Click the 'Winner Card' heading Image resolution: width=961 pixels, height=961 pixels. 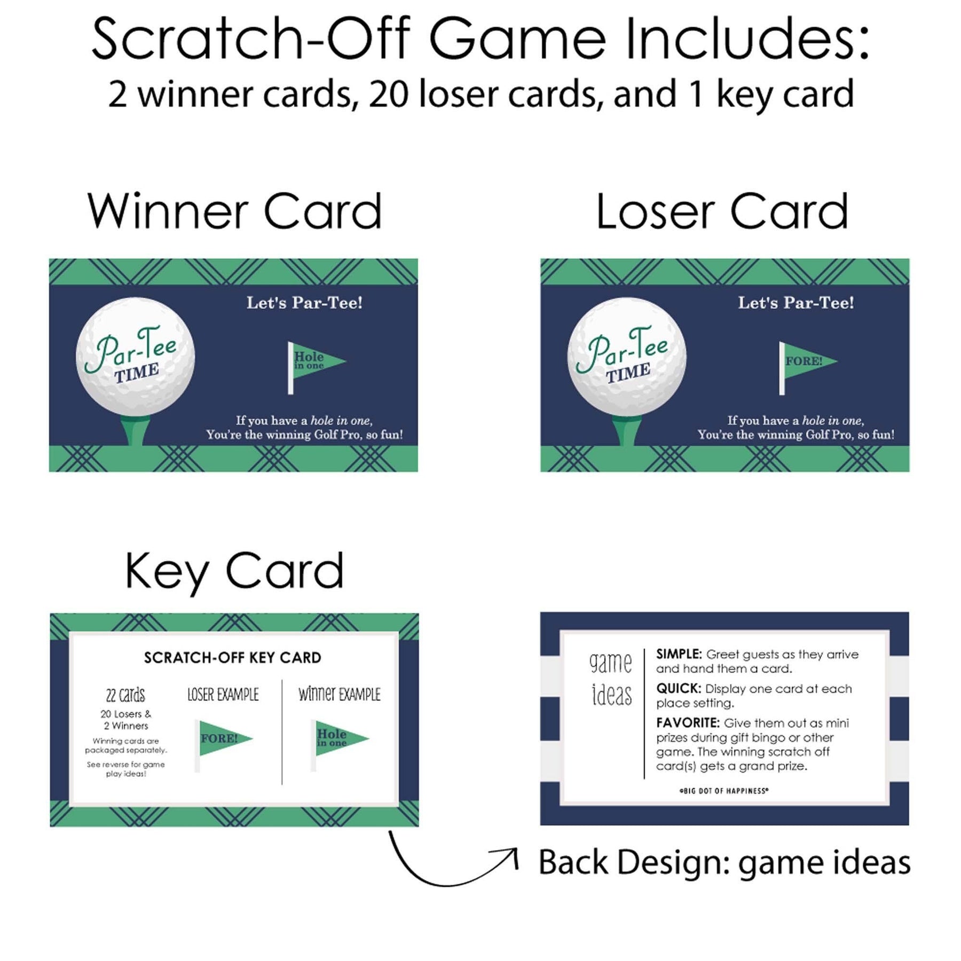235,211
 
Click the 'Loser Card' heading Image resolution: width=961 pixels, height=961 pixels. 722,211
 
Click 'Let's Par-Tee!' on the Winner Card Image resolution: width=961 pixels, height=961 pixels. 304,303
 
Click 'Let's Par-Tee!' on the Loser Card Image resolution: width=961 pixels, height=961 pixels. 796,303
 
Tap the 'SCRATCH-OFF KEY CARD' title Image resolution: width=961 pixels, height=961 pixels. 233,658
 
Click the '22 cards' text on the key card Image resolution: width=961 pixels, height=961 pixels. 125,695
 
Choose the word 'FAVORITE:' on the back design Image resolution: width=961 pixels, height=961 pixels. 688,723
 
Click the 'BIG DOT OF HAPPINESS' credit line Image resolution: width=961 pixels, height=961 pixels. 724,791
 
